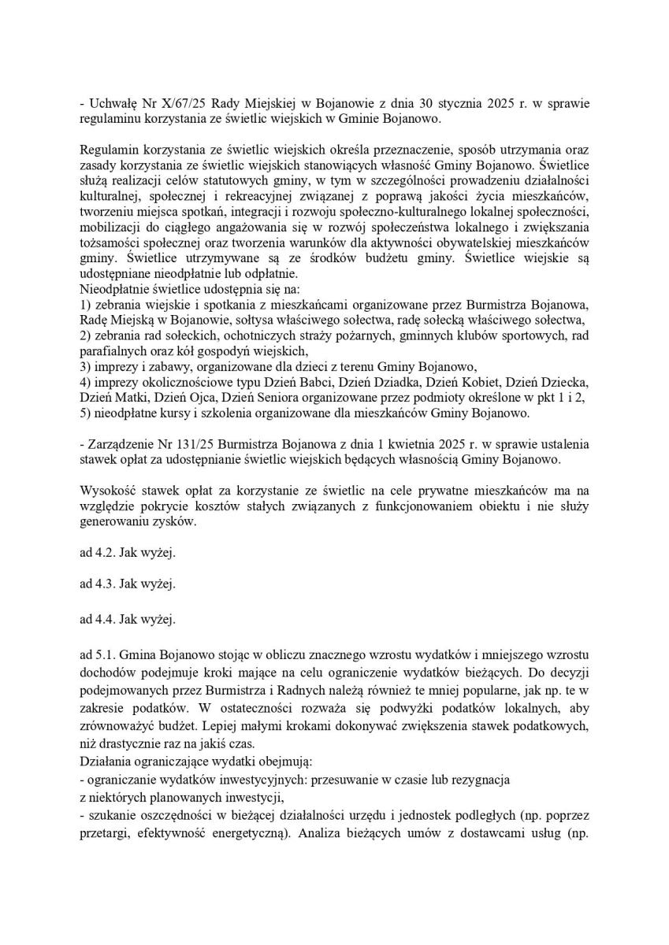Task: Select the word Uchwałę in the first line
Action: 113,105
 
